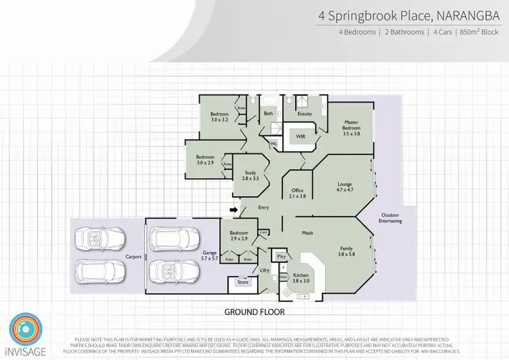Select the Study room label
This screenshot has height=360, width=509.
pos(251,175)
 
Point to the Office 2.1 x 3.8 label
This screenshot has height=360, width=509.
pos(298,193)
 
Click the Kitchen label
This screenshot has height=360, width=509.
pos(301,277)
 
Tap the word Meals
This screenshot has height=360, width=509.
pos(308,233)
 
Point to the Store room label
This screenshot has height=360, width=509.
pos(243,281)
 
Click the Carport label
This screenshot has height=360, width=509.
pos(133,257)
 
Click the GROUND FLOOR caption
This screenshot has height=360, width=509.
pos(255,312)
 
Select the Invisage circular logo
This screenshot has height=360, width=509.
pos(24,329)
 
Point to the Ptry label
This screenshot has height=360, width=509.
pos(281,256)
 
